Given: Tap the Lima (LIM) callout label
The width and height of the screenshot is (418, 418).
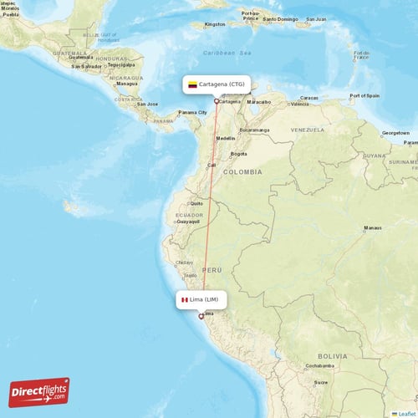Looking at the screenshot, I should [x=199, y=299].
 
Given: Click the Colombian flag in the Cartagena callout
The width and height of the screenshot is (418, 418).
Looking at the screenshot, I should [x=192, y=84].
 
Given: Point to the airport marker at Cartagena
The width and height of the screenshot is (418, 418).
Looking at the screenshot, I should [x=217, y=102].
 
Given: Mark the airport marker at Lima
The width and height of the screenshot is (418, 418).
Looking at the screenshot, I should [x=201, y=316].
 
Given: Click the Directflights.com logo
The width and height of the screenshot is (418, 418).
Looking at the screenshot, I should [x=39, y=391].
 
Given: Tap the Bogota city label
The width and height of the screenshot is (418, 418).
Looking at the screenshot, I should [x=239, y=154].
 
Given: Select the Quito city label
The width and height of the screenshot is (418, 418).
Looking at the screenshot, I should [x=197, y=203].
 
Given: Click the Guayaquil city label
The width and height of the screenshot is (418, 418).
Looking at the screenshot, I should [x=187, y=222].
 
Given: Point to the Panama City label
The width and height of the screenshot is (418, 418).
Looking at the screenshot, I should [x=192, y=112].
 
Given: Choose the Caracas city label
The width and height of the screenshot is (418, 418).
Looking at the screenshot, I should [x=309, y=98].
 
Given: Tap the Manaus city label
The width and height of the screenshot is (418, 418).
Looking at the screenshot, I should [x=372, y=227].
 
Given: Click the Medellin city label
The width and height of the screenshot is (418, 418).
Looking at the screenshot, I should [x=225, y=138].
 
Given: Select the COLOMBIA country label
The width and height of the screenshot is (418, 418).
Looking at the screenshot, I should [x=242, y=171].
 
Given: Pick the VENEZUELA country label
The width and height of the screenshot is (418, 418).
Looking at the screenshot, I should [x=308, y=130].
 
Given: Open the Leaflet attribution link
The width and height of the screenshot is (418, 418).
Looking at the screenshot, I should [x=407, y=413].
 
